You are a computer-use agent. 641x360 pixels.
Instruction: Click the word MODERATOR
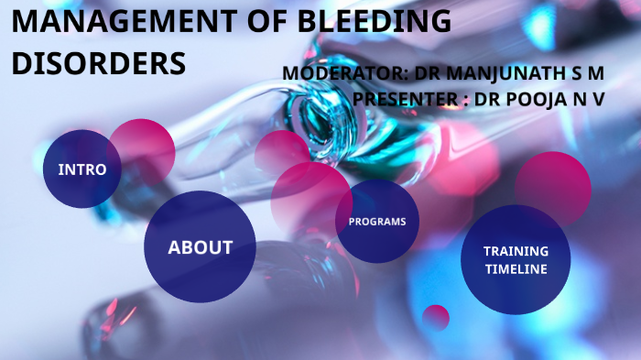click(x=340, y=73)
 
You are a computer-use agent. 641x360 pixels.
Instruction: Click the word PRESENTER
click(x=406, y=98)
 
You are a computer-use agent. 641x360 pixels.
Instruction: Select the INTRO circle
click(x=81, y=169)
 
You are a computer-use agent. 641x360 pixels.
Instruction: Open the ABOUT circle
click(x=200, y=247)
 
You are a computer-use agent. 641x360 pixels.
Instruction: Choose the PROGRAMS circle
click(x=377, y=222)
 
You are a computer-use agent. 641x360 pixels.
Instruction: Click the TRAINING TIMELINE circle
click(x=516, y=260)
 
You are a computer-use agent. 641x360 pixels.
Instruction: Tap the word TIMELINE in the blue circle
click(x=516, y=269)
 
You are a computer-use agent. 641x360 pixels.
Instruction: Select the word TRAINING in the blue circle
click(x=516, y=251)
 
